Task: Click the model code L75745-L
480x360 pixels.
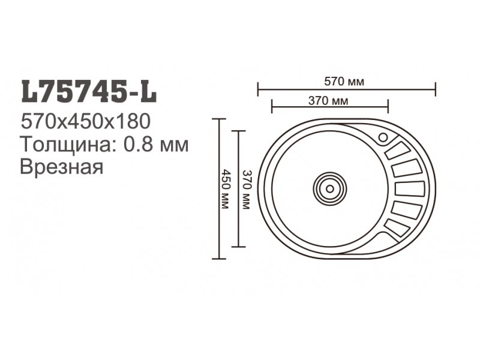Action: [89, 91]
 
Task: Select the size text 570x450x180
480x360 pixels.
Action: [85, 122]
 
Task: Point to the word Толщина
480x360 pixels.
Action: [67, 144]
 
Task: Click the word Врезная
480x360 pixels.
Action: [62, 167]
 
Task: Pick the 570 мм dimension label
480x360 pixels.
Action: [344, 82]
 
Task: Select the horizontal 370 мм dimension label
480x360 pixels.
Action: [328, 101]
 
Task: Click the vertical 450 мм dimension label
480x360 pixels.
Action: [225, 189]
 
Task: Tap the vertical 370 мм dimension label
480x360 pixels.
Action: [246, 190]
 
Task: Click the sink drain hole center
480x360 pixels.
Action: [329, 189]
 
